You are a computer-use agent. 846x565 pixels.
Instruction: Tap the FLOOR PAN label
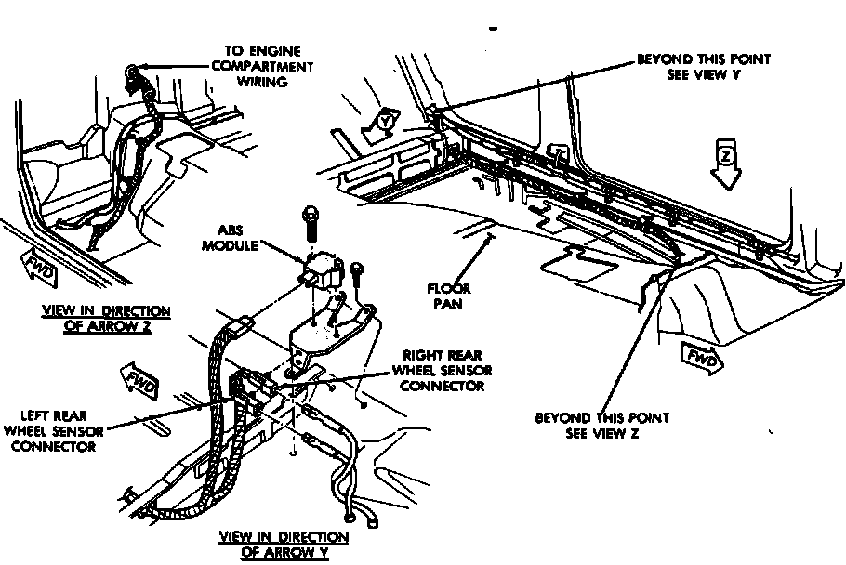[448, 296]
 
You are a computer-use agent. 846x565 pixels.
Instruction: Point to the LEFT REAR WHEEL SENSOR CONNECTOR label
[54, 430]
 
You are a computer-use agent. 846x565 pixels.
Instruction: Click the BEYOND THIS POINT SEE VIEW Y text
[703, 67]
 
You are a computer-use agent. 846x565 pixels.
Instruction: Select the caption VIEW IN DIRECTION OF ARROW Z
[105, 319]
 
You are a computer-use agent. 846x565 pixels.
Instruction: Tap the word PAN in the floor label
[448, 304]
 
